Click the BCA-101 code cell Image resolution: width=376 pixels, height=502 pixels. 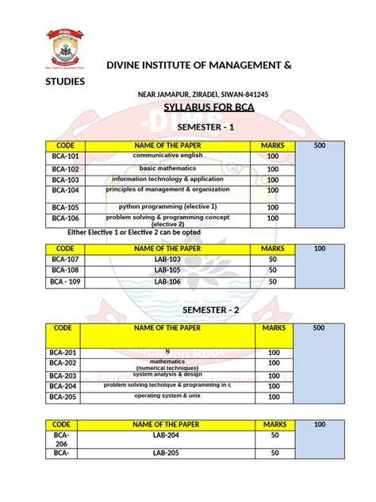click(65, 158)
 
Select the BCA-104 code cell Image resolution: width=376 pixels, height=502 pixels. click(65, 191)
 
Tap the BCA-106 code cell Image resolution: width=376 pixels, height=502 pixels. click(65, 218)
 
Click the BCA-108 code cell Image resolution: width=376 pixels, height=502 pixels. click(65, 271)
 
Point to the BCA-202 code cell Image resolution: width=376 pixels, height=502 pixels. click(65, 364)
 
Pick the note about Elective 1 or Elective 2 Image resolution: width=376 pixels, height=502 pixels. click(132, 232)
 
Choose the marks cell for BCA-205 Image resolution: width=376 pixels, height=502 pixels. click(274, 397)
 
